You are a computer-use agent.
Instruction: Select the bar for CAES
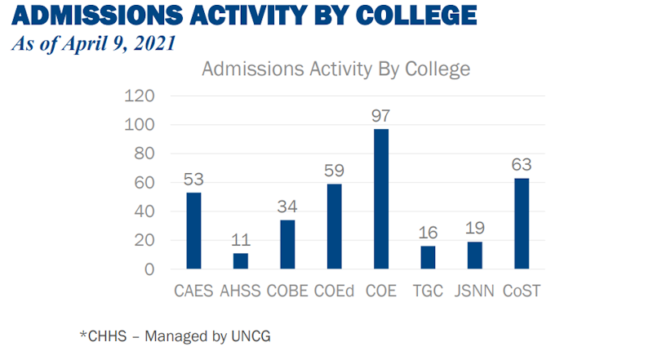[193, 230]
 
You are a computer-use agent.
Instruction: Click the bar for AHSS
[240, 260]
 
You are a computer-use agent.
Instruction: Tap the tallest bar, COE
[381, 198]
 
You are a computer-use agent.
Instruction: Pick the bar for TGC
[429, 257]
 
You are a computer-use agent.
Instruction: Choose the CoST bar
[522, 223]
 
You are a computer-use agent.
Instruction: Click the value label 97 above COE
[381, 117]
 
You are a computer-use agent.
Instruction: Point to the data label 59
[335, 171]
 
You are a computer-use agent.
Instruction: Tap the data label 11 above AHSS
[240, 241]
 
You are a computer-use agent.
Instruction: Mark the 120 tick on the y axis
[140, 96]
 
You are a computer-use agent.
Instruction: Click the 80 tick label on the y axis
[144, 154]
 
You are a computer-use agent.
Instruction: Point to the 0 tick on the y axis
[149, 269]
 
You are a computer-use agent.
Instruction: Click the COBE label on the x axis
[287, 291]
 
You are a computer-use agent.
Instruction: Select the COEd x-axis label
[335, 291]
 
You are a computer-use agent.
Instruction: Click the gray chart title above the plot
[335, 69]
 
